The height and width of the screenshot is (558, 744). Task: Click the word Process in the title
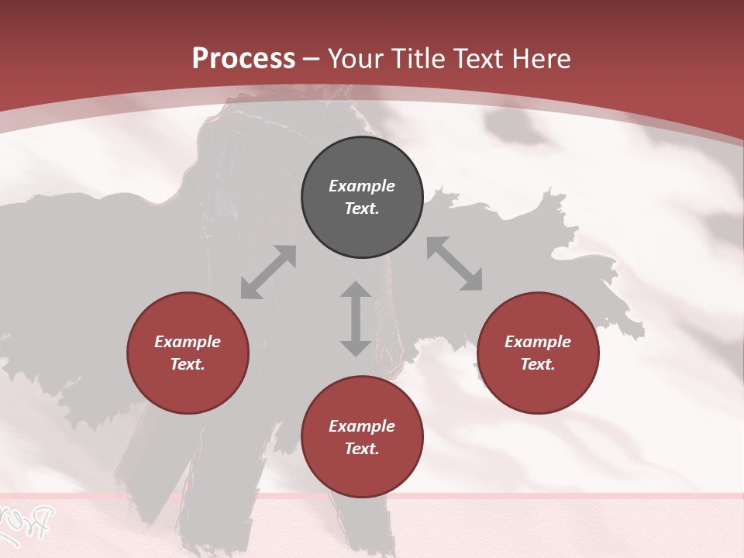click(x=243, y=59)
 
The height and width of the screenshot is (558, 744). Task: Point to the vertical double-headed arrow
click(x=356, y=319)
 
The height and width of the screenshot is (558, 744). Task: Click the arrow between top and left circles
click(x=268, y=272)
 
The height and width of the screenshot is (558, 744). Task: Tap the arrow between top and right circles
click(x=455, y=263)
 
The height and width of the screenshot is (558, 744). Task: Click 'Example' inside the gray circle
click(x=362, y=186)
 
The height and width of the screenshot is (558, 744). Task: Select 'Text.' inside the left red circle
click(x=188, y=364)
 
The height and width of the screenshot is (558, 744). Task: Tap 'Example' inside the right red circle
click(x=538, y=342)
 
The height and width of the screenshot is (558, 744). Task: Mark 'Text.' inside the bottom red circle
click(x=362, y=449)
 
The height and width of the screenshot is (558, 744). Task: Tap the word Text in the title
click(x=479, y=59)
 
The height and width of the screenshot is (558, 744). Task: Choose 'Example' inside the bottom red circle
click(x=362, y=426)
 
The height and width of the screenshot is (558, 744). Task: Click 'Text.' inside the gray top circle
click(x=362, y=208)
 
